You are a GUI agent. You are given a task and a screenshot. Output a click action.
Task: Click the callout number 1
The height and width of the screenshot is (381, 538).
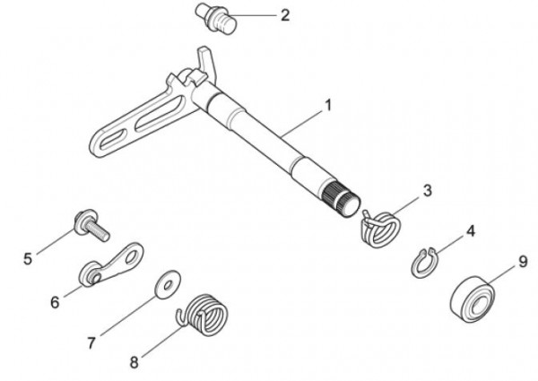[x=328, y=105]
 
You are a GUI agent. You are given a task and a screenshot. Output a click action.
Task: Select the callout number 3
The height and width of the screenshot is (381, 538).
[x=428, y=190]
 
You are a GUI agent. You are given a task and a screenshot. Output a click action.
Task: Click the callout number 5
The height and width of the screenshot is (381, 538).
[x=28, y=259]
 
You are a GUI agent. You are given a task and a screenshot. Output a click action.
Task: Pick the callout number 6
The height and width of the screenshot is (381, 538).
[x=55, y=303]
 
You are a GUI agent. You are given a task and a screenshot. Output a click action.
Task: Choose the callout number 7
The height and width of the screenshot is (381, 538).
[x=91, y=342]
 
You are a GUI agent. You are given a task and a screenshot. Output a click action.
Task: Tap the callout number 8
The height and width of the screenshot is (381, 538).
[x=134, y=363]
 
